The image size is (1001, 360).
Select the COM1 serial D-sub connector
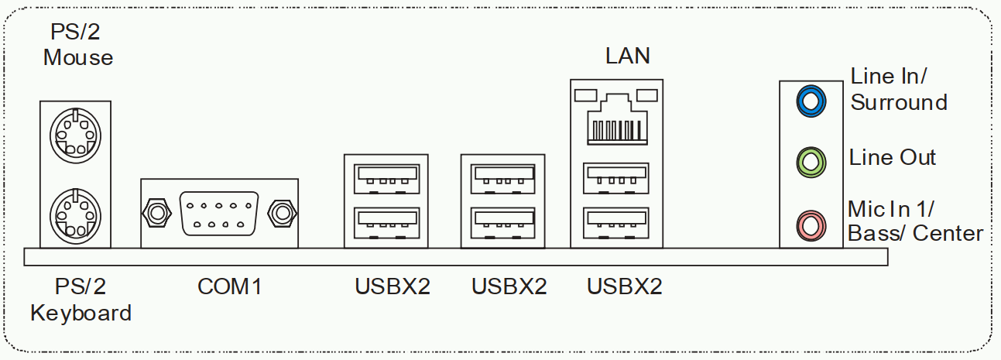(219, 212)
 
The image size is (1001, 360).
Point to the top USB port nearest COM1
(386, 179)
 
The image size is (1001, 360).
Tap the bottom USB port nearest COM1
(386, 223)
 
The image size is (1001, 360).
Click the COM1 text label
(230, 286)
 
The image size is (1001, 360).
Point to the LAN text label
(627, 56)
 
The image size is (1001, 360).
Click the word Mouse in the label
(78, 57)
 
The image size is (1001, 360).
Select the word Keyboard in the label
(81, 314)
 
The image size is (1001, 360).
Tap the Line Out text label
(893, 158)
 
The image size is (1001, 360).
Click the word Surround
(899, 102)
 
